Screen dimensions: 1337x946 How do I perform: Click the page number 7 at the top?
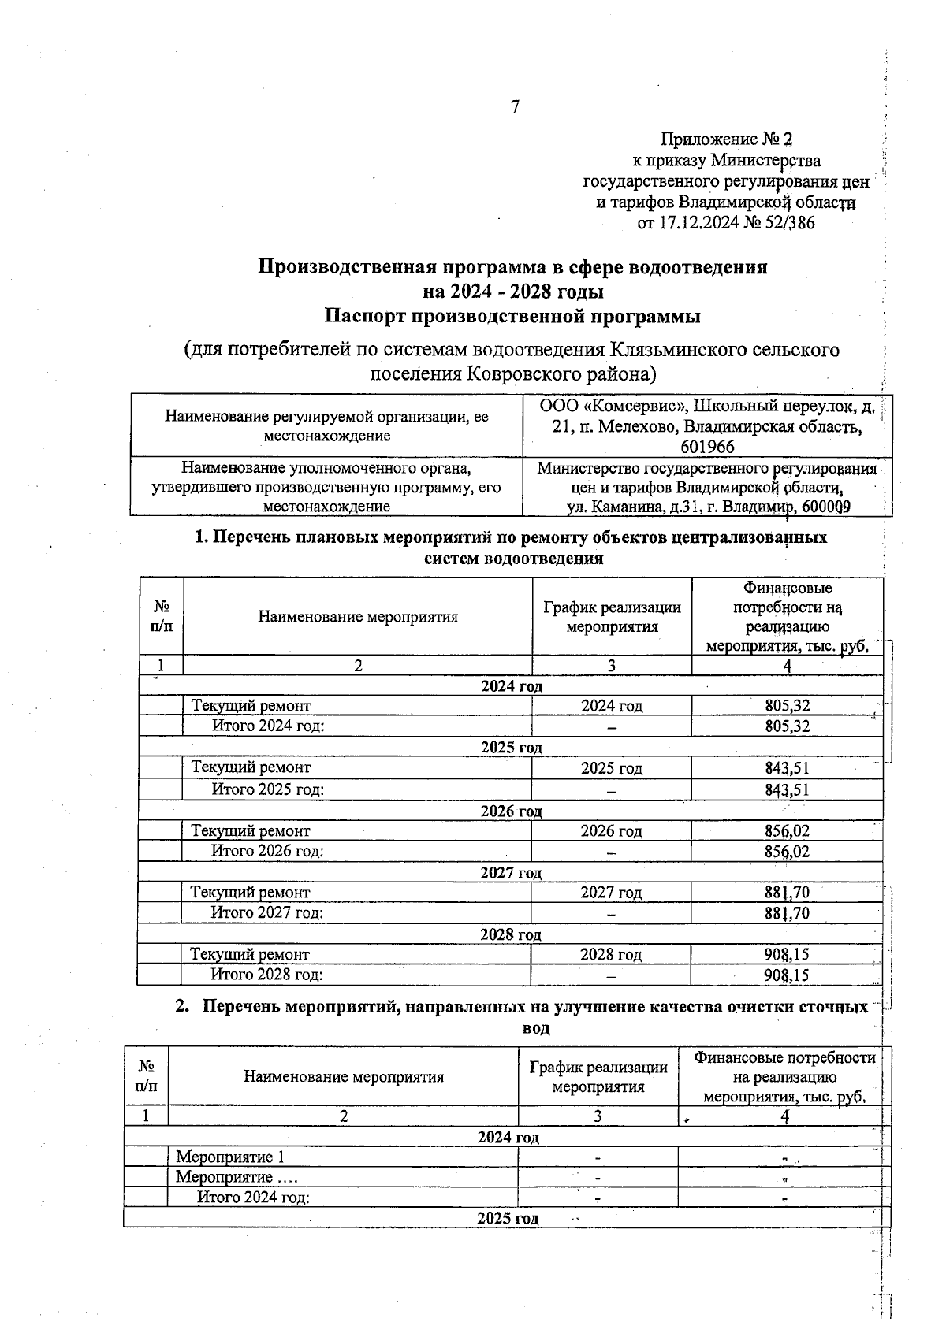pos(515,107)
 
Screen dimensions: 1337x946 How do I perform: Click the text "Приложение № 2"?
pos(725,139)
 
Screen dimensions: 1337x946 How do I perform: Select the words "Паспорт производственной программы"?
pos(513,317)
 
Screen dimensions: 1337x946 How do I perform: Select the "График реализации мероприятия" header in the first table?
pos(612,617)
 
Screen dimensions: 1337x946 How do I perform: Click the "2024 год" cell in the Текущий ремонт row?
pos(612,706)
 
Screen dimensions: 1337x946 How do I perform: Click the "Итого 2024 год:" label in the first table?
pos(268,726)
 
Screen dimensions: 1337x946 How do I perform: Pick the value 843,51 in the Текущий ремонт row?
pos(787,768)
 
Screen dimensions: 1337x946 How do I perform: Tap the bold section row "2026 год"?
pos(512,811)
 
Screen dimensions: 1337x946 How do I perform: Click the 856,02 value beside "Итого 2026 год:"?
pos(787,852)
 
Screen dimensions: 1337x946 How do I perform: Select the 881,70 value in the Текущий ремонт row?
pos(787,893)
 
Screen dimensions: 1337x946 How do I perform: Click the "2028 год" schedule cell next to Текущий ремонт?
pos(611,955)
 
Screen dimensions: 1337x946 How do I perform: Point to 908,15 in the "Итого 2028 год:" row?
pos(787,975)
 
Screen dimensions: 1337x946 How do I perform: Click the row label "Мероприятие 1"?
pos(229,1157)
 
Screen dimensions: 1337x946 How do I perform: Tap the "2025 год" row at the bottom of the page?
pos(508,1219)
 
